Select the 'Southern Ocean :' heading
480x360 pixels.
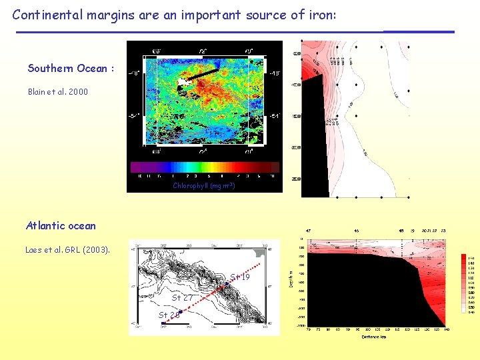[x=71, y=69]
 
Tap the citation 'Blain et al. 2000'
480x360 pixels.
[x=57, y=92]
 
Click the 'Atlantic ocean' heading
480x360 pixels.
[x=61, y=225]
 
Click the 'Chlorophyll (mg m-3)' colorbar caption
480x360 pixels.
[x=203, y=186]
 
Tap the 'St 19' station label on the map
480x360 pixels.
[x=240, y=277]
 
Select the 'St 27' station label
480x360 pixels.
[x=182, y=298]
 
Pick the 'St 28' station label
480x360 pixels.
[x=169, y=315]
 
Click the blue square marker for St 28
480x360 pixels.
[x=163, y=323]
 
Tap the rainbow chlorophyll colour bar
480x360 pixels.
[x=204, y=167]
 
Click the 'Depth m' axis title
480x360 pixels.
[x=290, y=279]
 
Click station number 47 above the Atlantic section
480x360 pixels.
[x=308, y=231]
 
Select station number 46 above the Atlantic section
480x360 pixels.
[x=357, y=231]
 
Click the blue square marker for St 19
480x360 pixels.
[x=227, y=284]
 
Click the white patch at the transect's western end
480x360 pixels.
[x=181, y=81]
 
